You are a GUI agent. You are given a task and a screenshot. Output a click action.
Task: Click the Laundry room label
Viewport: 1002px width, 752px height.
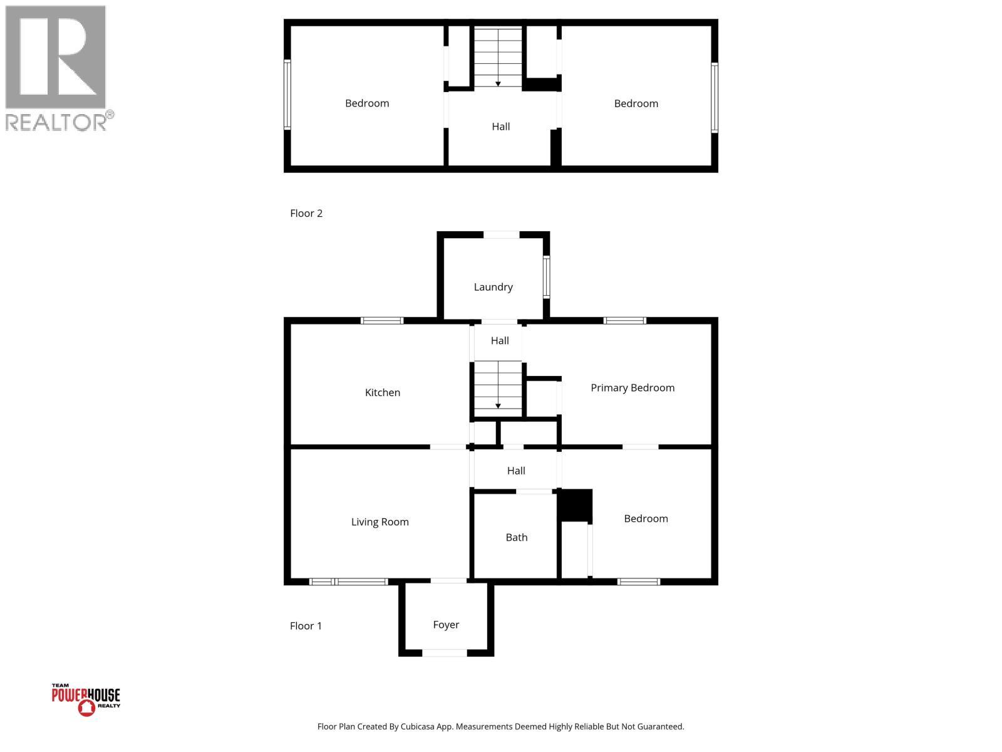click(493, 287)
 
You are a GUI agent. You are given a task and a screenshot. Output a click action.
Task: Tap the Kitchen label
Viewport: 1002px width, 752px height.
click(382, 393)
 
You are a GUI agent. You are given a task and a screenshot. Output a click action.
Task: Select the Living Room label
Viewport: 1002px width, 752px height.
click(380, 522)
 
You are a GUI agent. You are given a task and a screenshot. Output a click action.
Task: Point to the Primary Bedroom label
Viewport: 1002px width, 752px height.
click(633, 388)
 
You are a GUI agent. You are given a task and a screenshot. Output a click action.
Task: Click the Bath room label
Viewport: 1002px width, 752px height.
click(517, 538)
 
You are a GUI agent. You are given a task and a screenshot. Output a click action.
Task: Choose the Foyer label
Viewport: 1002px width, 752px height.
click(446, 625)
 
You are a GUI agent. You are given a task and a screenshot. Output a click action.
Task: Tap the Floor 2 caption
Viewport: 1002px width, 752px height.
click(306, 214)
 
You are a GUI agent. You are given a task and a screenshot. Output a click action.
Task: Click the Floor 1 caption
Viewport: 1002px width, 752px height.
click(306, 626)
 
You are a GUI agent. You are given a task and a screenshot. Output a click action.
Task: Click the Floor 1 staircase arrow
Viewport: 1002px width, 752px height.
click(498, 405)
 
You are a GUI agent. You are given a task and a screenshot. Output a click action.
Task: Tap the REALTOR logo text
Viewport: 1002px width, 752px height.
click(59, 122)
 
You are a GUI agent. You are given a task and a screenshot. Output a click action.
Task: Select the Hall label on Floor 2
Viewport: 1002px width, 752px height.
click(500, 127)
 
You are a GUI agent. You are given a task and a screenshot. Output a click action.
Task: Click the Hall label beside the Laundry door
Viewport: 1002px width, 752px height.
click(500, 341)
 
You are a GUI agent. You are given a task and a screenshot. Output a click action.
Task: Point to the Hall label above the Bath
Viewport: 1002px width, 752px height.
click(516, 471)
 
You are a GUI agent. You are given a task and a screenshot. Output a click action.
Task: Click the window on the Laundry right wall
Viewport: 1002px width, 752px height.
click(546, 276)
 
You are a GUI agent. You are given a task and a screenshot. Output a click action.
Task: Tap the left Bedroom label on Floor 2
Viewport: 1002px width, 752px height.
click(367, 103)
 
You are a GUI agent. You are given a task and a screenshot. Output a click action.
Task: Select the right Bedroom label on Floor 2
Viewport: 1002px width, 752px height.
click(636, 104)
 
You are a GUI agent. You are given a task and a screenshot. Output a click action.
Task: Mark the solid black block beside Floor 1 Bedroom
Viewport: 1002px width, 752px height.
click(575, 505)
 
